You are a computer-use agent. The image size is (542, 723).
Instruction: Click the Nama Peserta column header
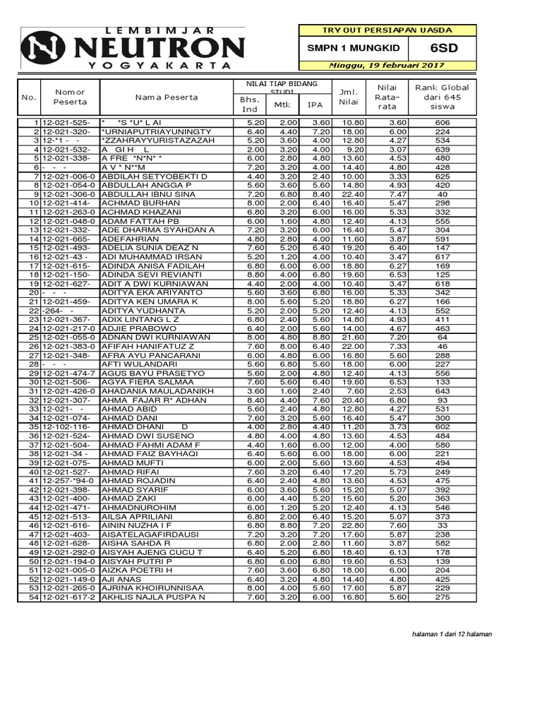[x=167, y=97]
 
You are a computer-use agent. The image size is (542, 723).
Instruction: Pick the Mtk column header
[x=281, y=105]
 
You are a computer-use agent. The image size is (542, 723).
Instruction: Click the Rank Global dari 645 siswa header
[x=442, y=97]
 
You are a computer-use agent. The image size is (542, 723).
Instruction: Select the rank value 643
[x=442, y=391]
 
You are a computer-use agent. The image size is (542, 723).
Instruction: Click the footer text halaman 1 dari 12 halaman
[x=452, y=634]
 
